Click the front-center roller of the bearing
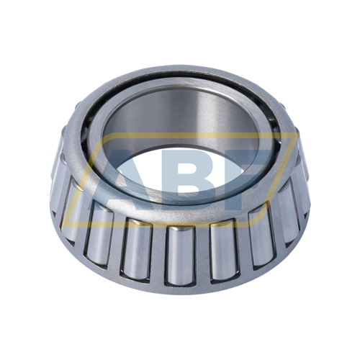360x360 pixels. [181, 256]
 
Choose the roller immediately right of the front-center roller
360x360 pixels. [224, 250]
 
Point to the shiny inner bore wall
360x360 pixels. [180, 115]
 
